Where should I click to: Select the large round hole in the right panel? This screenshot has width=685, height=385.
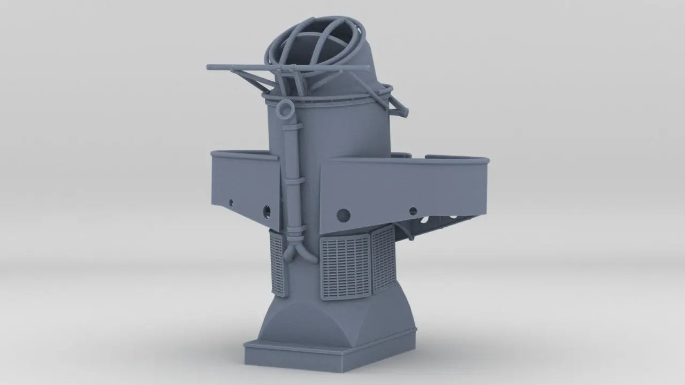pyautogui.click(x=344, y=215)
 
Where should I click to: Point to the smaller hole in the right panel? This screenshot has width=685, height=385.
pyautogui.click(x=413, y=211)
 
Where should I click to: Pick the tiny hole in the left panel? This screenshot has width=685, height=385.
pyautogui.click(x=231, y=203)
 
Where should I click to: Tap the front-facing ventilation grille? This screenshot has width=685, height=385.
pyautogui.click(x=345, y=268)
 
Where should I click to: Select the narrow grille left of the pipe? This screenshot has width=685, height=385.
pyautogui.click(x=277, y=264)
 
